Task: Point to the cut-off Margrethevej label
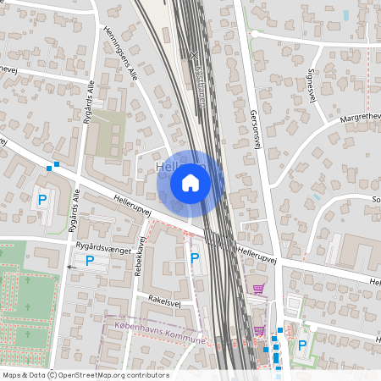click(x=360, y=116)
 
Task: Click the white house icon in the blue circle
click(x=190, y=182)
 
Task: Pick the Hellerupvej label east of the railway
click(x=257, y=252)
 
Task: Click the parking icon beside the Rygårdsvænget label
click(x=90, y=261)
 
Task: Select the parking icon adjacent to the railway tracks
click(x=195, y=257)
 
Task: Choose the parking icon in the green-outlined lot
click(x=302, y=345)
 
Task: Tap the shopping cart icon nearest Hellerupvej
click(x=257, y=289)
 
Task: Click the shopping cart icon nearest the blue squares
click(x=258, y=330)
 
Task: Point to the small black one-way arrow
click(x=70, y=266)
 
